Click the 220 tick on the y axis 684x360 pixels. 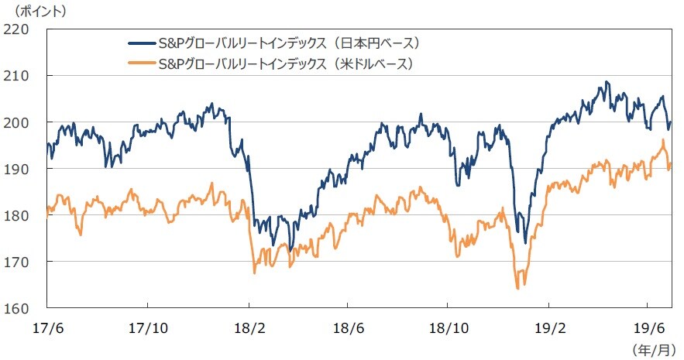(17, 29)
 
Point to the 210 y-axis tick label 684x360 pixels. (17, 76)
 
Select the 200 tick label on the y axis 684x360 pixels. (17, 122)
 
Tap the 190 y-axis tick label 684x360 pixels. (17, 169)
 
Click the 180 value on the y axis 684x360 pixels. (17, 215)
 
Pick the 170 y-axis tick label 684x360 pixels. (17, 262)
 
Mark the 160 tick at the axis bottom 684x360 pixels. (17, 308)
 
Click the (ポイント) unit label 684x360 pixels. (34, 11)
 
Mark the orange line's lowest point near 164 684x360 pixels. (517, 288)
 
